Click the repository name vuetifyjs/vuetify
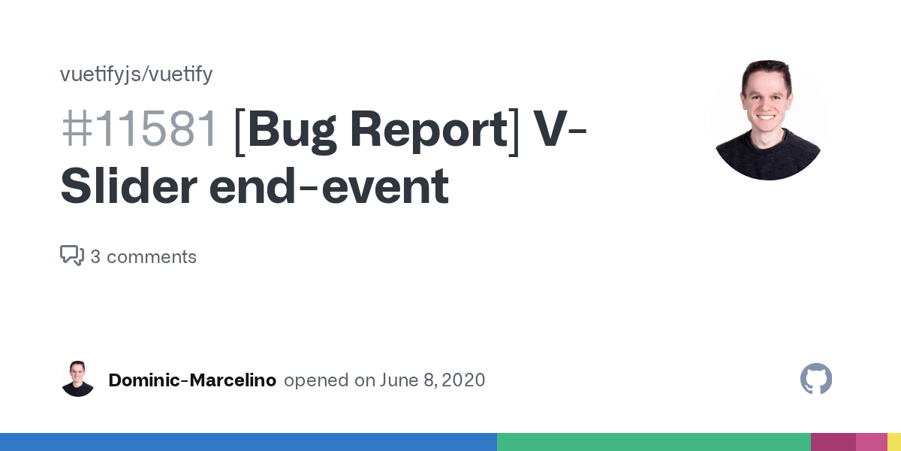(x=136, y=74)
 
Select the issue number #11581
(x=140, y=129)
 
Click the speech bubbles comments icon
(x=72, y=256)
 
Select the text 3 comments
(x=143, y=257)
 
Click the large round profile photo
(x=769, y=120)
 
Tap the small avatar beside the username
(x=78, y=380)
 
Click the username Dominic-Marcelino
(x=192, y=380)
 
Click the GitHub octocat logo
(x=816, y=380)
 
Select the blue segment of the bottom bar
(x=248, y=442)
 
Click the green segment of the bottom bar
(x=653, y=442)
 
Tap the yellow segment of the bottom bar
(x=894, y=442)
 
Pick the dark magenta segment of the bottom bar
(x=833, y=442)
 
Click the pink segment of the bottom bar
(x=871, y=442)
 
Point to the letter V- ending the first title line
(x=559, y=129)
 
